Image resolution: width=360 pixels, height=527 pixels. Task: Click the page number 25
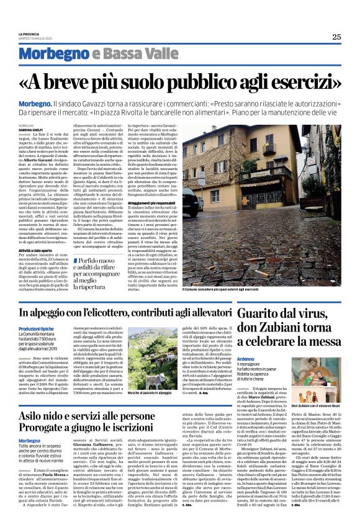(336, 37)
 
